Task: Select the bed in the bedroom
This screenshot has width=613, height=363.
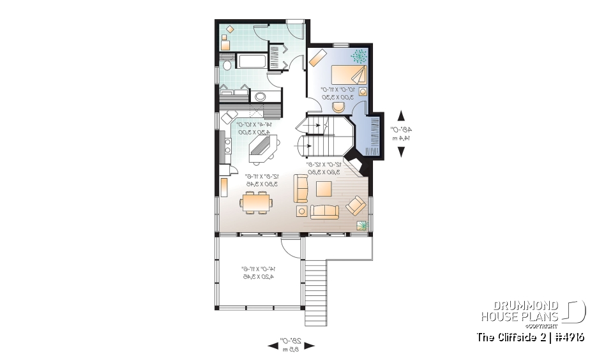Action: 349,74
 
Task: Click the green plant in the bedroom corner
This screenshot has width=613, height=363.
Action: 359,56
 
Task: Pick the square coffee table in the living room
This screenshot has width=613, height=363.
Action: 323,189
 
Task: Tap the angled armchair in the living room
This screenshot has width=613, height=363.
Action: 356,205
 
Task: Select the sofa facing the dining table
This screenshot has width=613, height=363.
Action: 301,189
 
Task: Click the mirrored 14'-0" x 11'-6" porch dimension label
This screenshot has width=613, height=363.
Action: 257,273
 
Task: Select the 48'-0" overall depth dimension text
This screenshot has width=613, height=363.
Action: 401,133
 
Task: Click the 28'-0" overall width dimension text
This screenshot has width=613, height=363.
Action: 291,346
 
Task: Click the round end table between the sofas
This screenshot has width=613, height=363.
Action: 301,211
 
